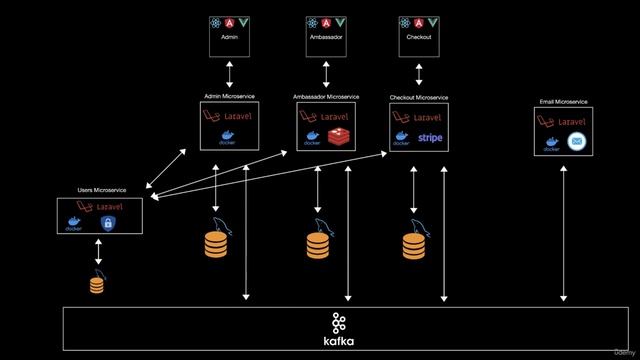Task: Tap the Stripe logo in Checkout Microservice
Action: (x=431, y=137)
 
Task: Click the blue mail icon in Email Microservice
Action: (x=577, y=143)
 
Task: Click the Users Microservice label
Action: (x=99, y=189)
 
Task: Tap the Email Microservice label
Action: (x=563, y=101)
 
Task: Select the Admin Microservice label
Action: (x=229, y=96)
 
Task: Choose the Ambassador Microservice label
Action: (x=326, y=97)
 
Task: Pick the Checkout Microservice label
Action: (x=419, y=98)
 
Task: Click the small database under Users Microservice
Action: (x=97, y=285)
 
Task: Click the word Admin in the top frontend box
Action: (x=230, y=40)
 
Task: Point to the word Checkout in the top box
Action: (x=419, y=40)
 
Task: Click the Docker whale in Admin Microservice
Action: (x=228, y=137)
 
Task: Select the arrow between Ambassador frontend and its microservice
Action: (x=326, y=72)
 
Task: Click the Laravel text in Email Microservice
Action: (x=571, y=121)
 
